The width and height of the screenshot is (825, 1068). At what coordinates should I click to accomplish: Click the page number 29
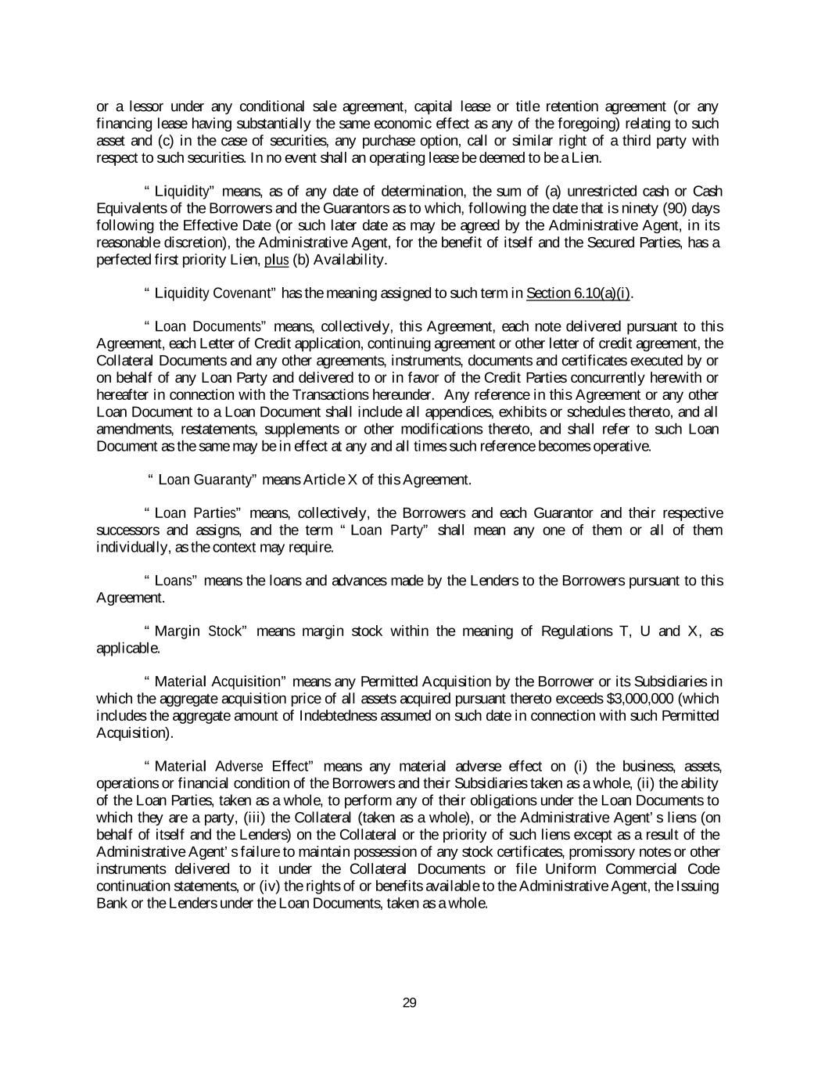409,1003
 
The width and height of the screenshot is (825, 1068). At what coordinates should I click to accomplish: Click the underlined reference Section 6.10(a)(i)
579,293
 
